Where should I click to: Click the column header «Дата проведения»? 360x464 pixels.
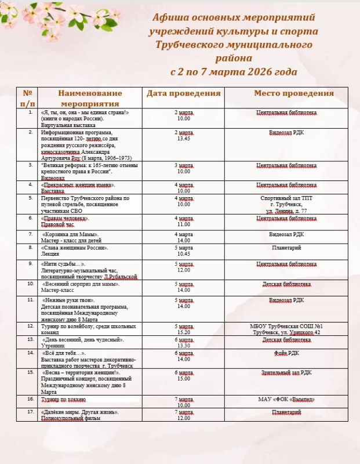coord(183,93)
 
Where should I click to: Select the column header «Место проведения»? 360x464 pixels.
coord(293,93)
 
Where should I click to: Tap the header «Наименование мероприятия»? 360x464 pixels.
coord(90,97)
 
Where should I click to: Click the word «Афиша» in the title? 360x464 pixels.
coord(172,17)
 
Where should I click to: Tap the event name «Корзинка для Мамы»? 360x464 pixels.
coord(71,234)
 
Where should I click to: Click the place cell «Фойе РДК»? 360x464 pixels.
coord(294,353)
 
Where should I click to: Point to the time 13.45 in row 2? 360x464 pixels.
coord(184,139)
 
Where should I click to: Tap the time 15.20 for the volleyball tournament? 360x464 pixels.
coord(184,333)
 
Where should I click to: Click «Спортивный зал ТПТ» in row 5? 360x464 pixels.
coord(294,198)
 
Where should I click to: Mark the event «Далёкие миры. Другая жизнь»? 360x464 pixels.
coord(80,412)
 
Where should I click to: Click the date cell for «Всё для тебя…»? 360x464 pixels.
coord(183,356)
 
